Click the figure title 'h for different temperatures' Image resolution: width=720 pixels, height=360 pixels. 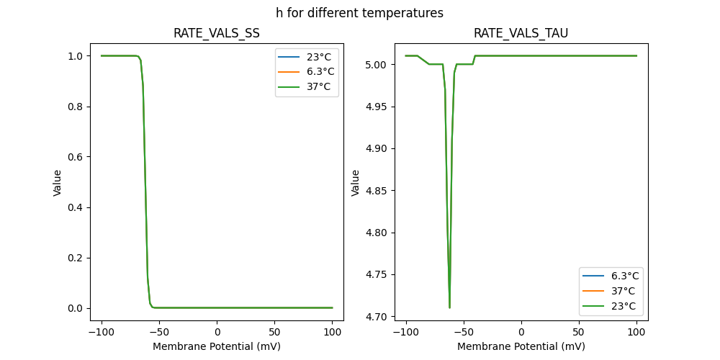click(x=359, y=13)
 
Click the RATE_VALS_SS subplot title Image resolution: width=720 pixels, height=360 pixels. click(x=217, y=33)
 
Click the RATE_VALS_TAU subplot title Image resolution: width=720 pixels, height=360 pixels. click(x=521, y=33)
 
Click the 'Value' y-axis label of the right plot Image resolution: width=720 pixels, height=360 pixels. click(x=355, y=182)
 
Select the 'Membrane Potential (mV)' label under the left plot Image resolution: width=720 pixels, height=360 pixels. click(x=217, y=346)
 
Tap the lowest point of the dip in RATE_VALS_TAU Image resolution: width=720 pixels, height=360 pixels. click(x=449, y=307)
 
